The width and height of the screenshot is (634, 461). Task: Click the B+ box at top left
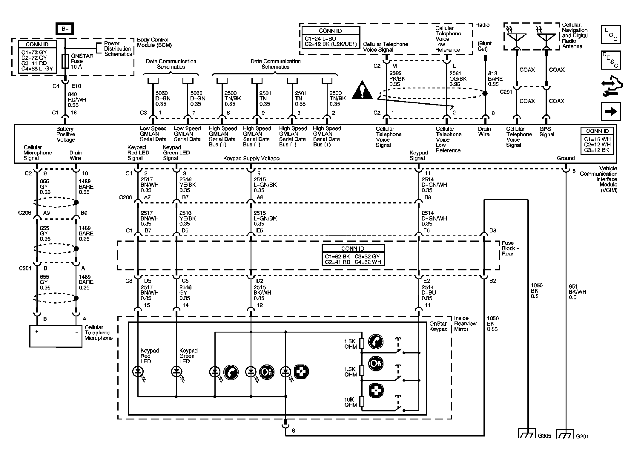(x=65, y=29)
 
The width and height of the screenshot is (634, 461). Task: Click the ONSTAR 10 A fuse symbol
(x=65, y=61)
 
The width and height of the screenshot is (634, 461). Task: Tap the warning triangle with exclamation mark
(x=362, y=90)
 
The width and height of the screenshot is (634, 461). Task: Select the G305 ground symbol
(x=527, y=434)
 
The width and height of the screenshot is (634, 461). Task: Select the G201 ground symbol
(x=565, y=434)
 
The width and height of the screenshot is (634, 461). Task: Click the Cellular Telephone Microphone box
(x=56, y=336)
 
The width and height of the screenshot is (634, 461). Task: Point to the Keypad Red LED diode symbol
(x=138, y=372)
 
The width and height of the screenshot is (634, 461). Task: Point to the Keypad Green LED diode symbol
(x=176, y=372)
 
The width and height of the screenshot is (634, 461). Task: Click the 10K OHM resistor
(x=362, y=401)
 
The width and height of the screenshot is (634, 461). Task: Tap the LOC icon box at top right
(x=611, y=35)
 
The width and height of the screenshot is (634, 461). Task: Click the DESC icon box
(x=611, y=60)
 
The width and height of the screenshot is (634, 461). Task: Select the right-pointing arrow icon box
(x=611, y=111)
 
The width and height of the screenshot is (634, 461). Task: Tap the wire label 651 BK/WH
(x=577, y=292)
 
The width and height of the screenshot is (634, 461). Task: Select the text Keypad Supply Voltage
(x=251, y=158)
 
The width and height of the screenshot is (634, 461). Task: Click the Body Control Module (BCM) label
(x=154, y=42)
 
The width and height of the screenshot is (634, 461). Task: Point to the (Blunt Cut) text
(x=484, y=46)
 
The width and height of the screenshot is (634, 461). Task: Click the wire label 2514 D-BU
(x=429, y=292)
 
